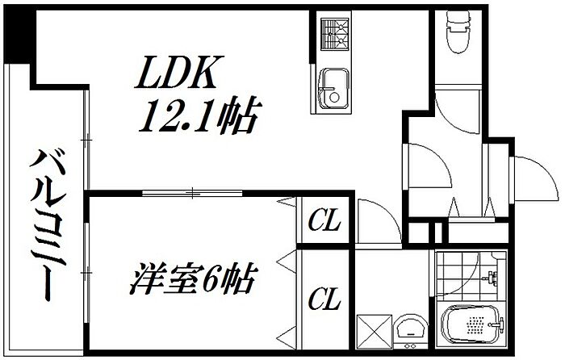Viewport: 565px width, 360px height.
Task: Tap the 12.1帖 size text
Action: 200,115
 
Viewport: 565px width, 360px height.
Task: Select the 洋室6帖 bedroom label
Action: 193,278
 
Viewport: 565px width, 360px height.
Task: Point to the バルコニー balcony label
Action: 48,225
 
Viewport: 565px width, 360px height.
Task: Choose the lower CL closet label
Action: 324,299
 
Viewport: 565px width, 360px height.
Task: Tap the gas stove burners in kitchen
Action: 335,34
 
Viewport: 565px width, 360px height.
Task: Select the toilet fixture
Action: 458,31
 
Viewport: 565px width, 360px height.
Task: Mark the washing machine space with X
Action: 375,332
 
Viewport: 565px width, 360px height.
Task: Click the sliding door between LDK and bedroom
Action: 192,193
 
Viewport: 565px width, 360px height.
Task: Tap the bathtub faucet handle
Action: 496,324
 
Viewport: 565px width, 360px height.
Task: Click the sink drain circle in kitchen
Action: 334,98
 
